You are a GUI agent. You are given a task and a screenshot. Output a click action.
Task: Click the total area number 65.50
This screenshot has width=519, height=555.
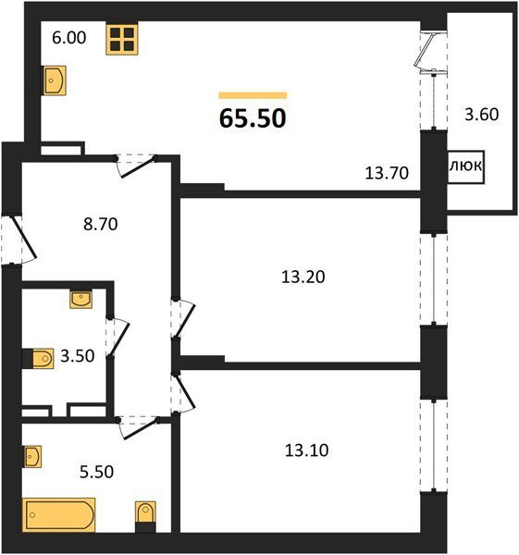point(253,118)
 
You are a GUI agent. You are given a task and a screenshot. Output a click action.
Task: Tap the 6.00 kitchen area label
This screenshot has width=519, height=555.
point(69,38)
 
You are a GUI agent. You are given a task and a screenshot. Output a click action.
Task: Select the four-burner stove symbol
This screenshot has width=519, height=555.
point(122,39)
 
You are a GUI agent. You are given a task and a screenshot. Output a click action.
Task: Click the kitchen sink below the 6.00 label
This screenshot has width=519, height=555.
point(55,80)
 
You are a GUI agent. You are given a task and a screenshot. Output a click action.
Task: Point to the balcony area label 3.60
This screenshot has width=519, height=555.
point(481,115)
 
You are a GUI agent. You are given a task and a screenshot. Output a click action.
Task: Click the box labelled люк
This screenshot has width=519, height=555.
point(466,167)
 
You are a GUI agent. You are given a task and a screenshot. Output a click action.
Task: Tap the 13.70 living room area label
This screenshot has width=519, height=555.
point(387,173)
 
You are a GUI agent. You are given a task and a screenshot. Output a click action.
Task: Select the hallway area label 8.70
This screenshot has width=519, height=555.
point(101,224)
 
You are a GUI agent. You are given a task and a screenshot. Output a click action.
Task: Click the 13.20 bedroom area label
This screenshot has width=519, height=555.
point(303,277)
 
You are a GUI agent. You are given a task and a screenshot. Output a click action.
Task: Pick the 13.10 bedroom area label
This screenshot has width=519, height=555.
point(306,450)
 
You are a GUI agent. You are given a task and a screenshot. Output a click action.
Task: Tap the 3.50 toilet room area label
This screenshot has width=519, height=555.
point(77,356)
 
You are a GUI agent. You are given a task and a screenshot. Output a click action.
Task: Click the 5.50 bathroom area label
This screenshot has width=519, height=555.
point(96,472)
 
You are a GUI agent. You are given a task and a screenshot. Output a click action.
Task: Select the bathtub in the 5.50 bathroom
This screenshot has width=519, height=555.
point(59,514)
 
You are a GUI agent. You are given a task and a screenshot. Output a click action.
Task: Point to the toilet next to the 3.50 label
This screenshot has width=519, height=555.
point(38,359)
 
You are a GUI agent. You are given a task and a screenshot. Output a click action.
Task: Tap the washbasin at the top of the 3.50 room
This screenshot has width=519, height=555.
point(81,300)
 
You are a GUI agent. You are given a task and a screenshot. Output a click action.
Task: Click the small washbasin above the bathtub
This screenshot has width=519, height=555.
point(32,456)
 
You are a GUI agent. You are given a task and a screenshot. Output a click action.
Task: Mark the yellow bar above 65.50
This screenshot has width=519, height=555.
point(253,95)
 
